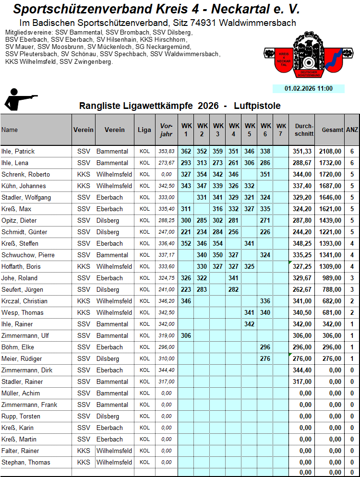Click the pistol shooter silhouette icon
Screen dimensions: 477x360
19,99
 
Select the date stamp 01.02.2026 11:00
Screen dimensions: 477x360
308,88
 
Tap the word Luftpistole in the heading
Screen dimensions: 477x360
257,106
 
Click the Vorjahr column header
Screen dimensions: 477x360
166,130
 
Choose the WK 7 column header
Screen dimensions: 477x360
281,130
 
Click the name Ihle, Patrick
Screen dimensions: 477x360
18,151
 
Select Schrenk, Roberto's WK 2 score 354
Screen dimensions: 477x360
202,174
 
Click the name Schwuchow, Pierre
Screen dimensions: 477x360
28,255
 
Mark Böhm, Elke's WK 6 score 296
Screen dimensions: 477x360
265,347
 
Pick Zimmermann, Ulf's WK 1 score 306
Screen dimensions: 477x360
186,335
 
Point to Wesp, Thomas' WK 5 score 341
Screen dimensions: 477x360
249,312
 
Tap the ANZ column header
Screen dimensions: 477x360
352,130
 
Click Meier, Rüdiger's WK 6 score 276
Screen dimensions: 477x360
265,358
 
